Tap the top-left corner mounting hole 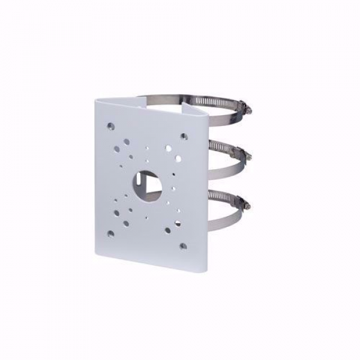tap(111, 127)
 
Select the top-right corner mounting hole tap(184, 136)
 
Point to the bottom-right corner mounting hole tap(182, 244)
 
